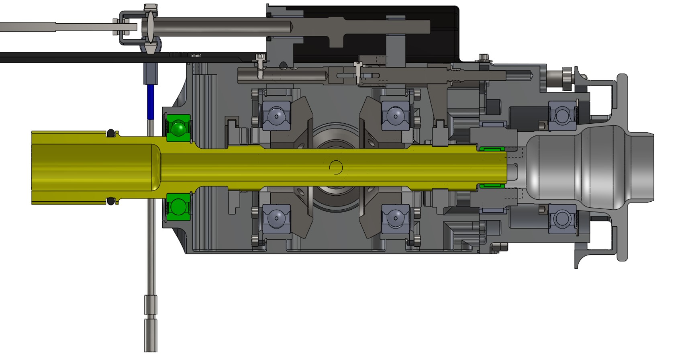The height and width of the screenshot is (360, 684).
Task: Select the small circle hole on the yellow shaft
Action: click(336, 167)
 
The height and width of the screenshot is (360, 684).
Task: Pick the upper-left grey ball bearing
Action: click(276, 115)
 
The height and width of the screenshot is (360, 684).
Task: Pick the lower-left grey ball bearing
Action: click(276, 219)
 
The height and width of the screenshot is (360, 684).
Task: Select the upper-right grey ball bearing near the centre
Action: click(395, 115)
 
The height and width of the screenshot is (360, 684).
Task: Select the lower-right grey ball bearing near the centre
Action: click(395, 219)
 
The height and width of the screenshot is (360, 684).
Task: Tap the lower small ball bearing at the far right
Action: click(562, 219)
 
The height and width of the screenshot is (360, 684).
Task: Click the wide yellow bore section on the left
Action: click(92, 167)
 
